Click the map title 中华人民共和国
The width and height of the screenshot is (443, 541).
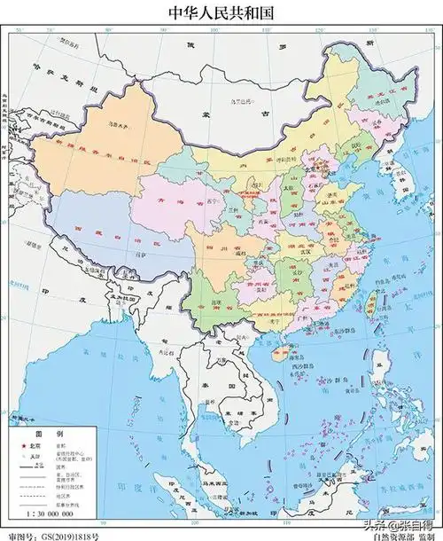pos(221,12)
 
